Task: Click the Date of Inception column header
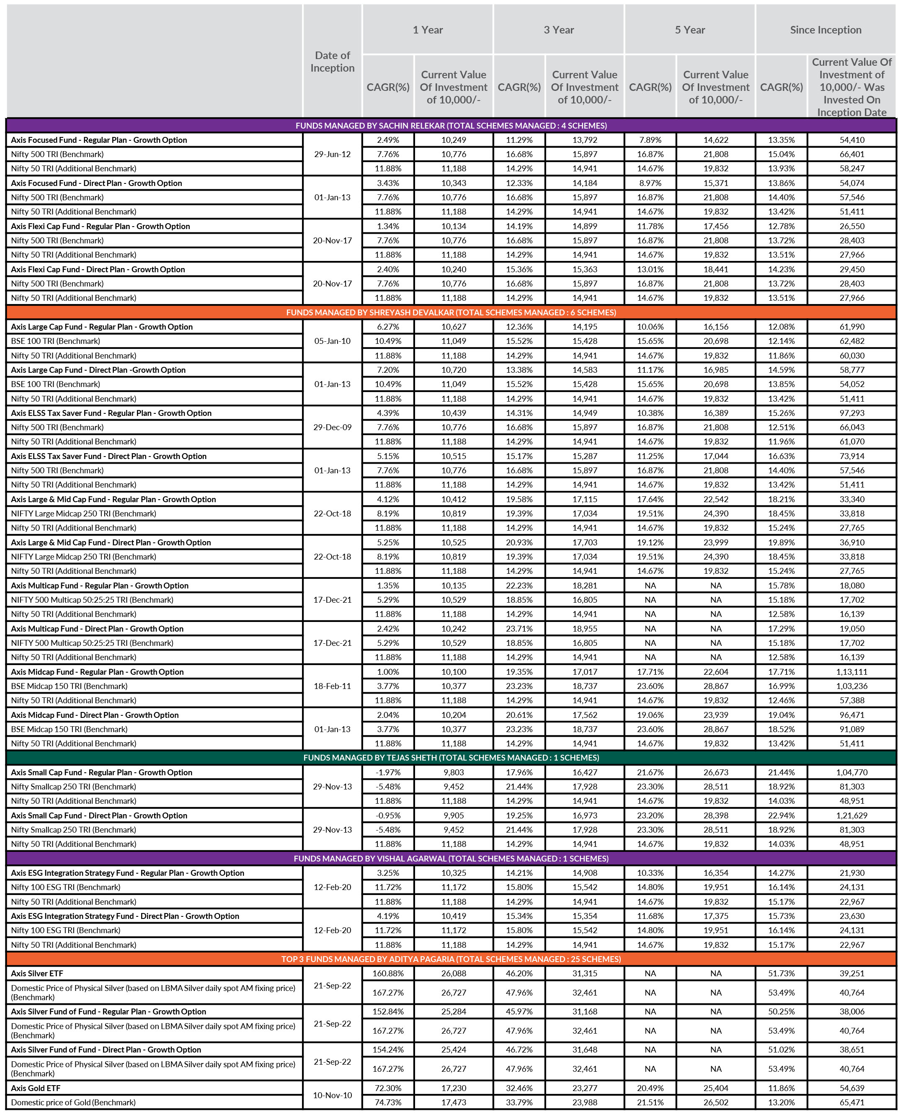coord(333,62)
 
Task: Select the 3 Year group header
coord(559,30)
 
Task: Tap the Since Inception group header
coord(826,30)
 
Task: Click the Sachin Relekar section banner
coord(451,126)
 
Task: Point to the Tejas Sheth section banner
coord(451,758)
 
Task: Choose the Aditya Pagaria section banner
coord(451,959)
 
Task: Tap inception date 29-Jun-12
coord(333,155)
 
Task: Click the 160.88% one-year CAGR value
coord(388,973)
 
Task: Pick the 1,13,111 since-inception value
coord(851,672)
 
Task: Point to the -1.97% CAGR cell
coord(388,772)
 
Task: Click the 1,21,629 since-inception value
coord(851,815)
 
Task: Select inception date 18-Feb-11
coord(333,686)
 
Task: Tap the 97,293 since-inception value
coord(851,413)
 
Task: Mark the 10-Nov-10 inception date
coord(333,1095)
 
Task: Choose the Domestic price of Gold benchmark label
coord(73,1102)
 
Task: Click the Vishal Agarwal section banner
coord(451,859)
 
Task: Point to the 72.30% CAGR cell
coord(388,1088)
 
